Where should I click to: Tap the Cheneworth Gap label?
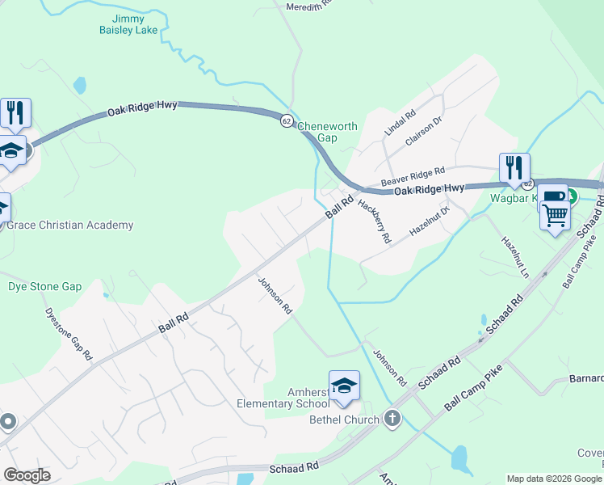(327, 132)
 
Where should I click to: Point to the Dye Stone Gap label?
(45, 287)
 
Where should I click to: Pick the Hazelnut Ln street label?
(514, 257)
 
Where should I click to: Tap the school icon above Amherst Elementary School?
(344, 386)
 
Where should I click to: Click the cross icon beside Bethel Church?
(392, 419)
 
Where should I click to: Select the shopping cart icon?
(555, 215)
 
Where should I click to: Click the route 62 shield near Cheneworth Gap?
(287, 121)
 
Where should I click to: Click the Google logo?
(27, 475)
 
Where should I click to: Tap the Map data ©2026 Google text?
(555, 479)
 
